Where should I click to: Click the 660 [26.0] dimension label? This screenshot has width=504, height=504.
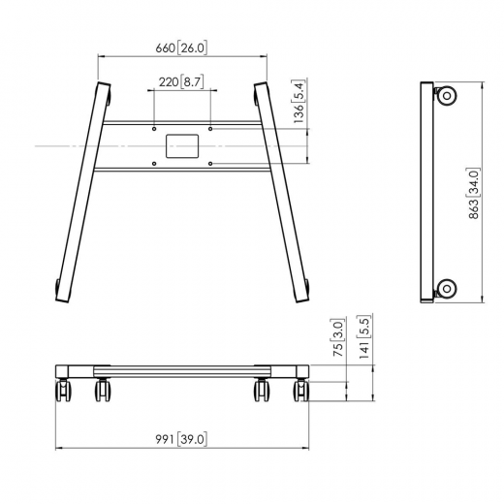coord(181,47)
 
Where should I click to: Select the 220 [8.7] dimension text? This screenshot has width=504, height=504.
coord(181,82)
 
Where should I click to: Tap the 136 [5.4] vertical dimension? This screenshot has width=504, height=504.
coord(299,102)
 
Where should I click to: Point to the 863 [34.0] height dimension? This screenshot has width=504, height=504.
coord(474,193)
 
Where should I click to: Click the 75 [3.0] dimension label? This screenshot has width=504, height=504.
coord(338,337)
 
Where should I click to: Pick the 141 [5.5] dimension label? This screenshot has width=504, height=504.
coord(363,336)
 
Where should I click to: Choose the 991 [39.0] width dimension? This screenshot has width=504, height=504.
coord(181,439)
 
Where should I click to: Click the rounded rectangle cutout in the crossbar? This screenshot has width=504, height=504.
coord(182,146)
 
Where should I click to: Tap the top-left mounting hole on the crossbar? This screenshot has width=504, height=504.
coord(154,129)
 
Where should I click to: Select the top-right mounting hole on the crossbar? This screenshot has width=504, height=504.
coord(210,129)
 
